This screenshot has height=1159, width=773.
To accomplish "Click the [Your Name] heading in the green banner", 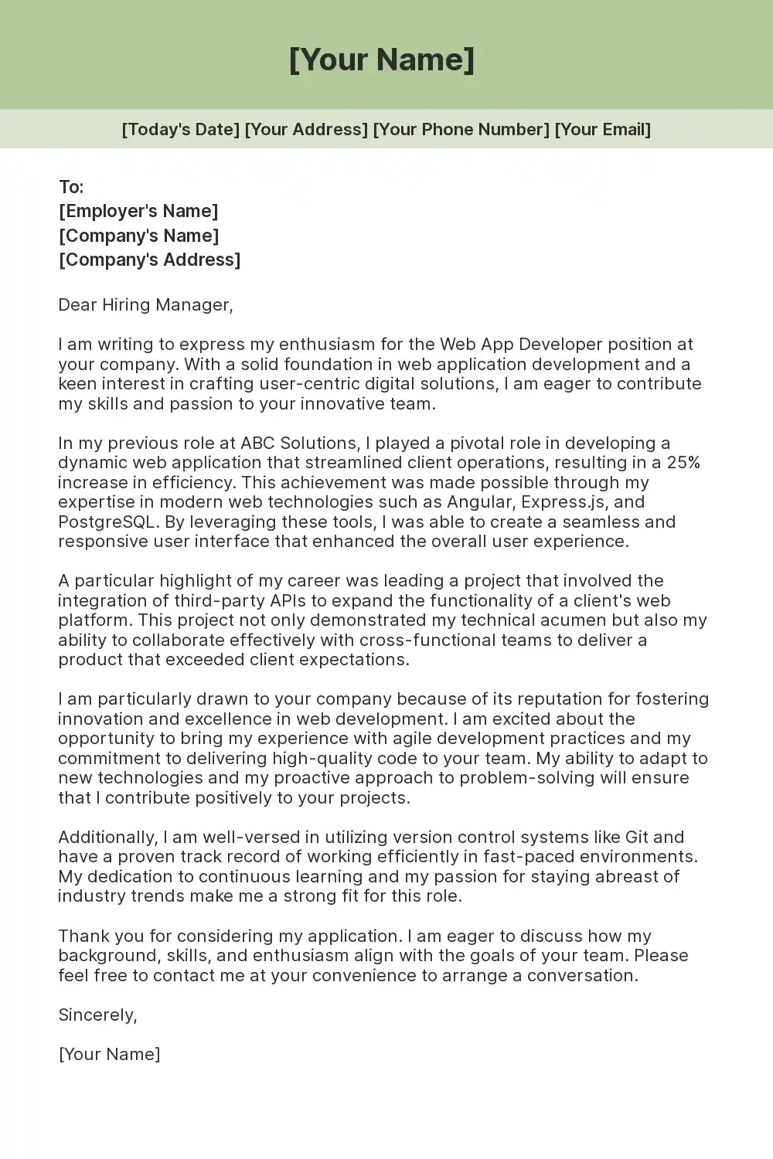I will (382, 59).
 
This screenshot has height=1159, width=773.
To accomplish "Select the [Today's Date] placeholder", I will (181, 129).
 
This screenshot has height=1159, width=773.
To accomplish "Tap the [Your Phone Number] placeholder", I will (461, 129).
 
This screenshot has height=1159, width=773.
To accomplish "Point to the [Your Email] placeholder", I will (603, 129).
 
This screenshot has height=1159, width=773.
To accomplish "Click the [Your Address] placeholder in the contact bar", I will (306, 129).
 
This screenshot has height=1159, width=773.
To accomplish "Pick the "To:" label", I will (71, 187).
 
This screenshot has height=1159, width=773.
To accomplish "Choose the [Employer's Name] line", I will (138, 211).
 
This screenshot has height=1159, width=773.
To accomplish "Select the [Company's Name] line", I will (139, 236).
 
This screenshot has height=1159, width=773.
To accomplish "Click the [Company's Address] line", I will (150, 260).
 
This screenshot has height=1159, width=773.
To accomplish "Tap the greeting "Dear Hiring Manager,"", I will (145, 304).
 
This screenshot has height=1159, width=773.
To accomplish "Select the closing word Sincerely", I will (97, 1015).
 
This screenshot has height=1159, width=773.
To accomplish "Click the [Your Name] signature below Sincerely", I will (109, 1054).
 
